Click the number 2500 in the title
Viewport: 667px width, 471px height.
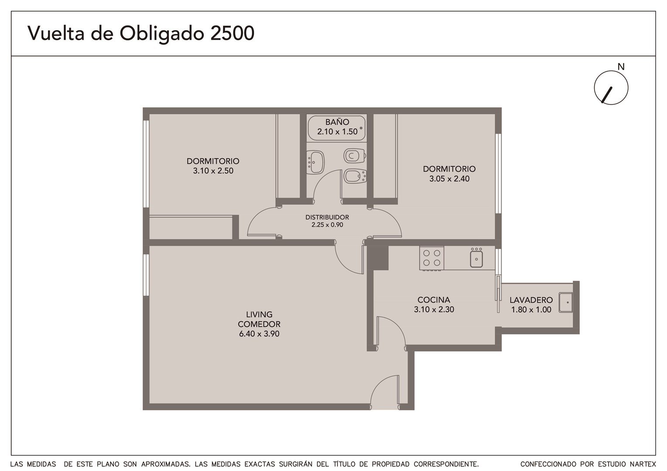tap(232, 33)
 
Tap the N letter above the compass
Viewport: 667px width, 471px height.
tap(621, 67)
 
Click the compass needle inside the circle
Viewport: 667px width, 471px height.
tap(607, 95)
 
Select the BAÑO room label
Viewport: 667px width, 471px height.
tap(337, 122)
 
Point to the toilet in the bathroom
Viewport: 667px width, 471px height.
tap(354, 156)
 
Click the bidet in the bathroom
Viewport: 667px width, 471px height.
tap(355, 177)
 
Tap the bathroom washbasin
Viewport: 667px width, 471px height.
tap(315, 162)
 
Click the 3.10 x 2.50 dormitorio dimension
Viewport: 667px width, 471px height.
tap(213, 171)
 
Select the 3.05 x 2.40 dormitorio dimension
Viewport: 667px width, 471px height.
tap(449, 178)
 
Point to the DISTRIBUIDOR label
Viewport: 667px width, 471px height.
tap(327, 217)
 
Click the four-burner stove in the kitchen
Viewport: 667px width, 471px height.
tap(432, 258)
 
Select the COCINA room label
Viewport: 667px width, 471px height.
tap(434, 300)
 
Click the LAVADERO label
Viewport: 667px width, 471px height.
tap(531, 300)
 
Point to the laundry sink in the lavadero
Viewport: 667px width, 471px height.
tap(566, 302)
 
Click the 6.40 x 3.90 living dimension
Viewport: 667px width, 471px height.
tap(259, 334)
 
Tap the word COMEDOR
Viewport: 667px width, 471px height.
tap(259, 324)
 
